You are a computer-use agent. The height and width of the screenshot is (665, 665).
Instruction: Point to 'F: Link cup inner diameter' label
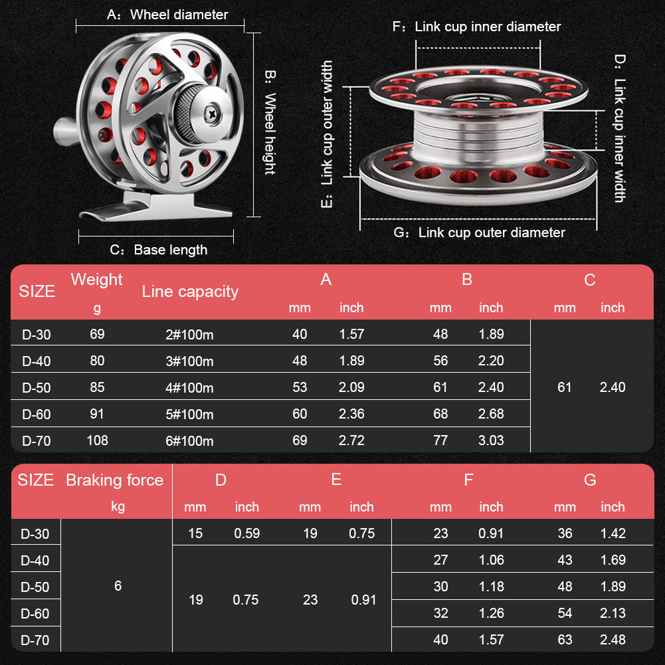click(x=477, y=27)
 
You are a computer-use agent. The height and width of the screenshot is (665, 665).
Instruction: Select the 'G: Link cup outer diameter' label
click(x=480, y=233)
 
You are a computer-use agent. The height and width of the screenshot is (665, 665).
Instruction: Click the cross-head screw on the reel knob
click(x=212, y=114)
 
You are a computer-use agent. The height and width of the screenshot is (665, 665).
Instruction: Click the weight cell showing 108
click(x=97, y=440)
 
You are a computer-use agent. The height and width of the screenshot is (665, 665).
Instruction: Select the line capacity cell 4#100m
click(x=189, y=387)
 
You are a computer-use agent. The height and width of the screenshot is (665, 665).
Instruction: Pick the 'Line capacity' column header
click(x=190, y=291)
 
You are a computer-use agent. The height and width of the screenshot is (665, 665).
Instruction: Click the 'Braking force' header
click(x=114, y=480)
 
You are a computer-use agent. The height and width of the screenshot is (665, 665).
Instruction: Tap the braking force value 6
click(x=118, y=586)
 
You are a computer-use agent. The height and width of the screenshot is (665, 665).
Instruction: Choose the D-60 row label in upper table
click(x=36, y=414)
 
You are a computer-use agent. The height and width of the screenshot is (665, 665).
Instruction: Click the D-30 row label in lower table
click(x=35, y=533)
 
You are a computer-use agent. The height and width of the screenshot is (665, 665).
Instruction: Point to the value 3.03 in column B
click(x=491, y=440)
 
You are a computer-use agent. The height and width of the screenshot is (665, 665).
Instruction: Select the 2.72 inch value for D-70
click(x=351, y=440)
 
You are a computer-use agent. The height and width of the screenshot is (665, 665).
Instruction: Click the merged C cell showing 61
click(x=565, y=387)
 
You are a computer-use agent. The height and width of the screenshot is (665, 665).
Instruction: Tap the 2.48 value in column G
click(x=613, y=640)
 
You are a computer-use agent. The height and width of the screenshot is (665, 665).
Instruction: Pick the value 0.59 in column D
click(x=246, y=533)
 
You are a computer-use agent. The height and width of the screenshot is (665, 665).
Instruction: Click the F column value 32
click(x=440, y=613)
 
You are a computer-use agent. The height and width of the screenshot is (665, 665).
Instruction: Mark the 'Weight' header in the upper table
click(x=97, y=280)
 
